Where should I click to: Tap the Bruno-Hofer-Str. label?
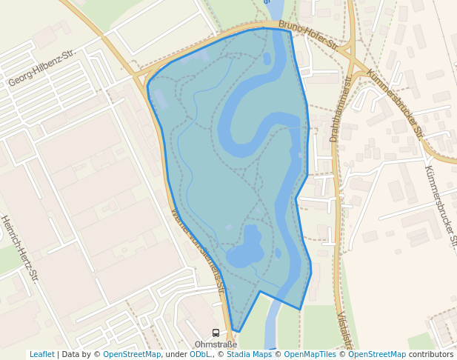308,36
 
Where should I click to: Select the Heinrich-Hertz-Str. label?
19,248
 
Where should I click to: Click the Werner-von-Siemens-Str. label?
197,250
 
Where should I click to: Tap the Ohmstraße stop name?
216,344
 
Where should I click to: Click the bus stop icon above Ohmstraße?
216,333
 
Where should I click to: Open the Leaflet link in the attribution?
41,354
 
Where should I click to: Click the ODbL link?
200,354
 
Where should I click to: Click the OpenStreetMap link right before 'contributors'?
377,354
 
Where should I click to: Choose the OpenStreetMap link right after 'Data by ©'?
132,354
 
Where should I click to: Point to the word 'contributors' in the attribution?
431,354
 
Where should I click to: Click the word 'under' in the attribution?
176,354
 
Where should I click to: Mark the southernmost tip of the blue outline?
238,332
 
